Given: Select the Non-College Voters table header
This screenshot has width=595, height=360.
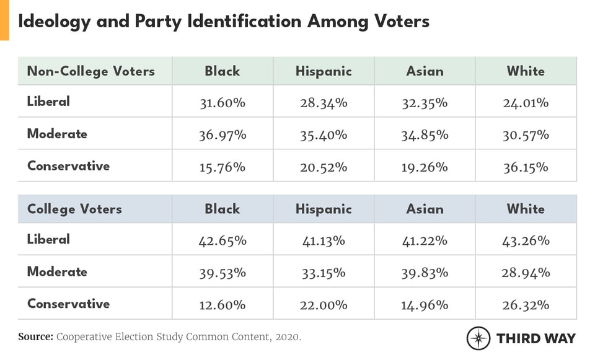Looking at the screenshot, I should (x=90, y=71).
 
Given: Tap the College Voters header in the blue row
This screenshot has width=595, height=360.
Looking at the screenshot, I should (x=74, y=209).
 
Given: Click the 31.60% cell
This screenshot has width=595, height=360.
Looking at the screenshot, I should (x=222, y=103).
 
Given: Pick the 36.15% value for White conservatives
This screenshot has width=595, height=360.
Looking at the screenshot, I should (x=526, y=167).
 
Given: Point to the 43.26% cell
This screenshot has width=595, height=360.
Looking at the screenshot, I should (x=526, y=240).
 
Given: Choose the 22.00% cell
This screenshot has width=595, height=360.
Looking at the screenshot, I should (x=323, y=305).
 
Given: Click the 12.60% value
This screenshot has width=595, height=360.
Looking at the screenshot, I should (x=222, y=305).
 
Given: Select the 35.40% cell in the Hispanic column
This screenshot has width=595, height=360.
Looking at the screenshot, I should (x=323, y=135).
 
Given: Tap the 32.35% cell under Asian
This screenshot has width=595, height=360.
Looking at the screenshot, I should (x=425, y=103).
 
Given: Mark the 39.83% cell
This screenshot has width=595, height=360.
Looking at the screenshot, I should (x=425, y=273).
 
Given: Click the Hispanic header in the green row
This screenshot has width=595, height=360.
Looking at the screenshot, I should (x=323, y=71).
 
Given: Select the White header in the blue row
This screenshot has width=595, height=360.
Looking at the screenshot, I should (x=526, y=209).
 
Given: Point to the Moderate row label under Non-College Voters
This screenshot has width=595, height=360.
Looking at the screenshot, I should (x=57, y=134).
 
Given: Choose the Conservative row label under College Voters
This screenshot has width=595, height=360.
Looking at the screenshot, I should (x=68, y=304).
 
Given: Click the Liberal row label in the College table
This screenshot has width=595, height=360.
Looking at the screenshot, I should (x=48, y=239).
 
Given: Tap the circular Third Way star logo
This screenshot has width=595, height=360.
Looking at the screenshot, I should (x=478, y=338).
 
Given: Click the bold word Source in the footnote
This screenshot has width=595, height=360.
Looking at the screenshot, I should (x=35, y=337).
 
